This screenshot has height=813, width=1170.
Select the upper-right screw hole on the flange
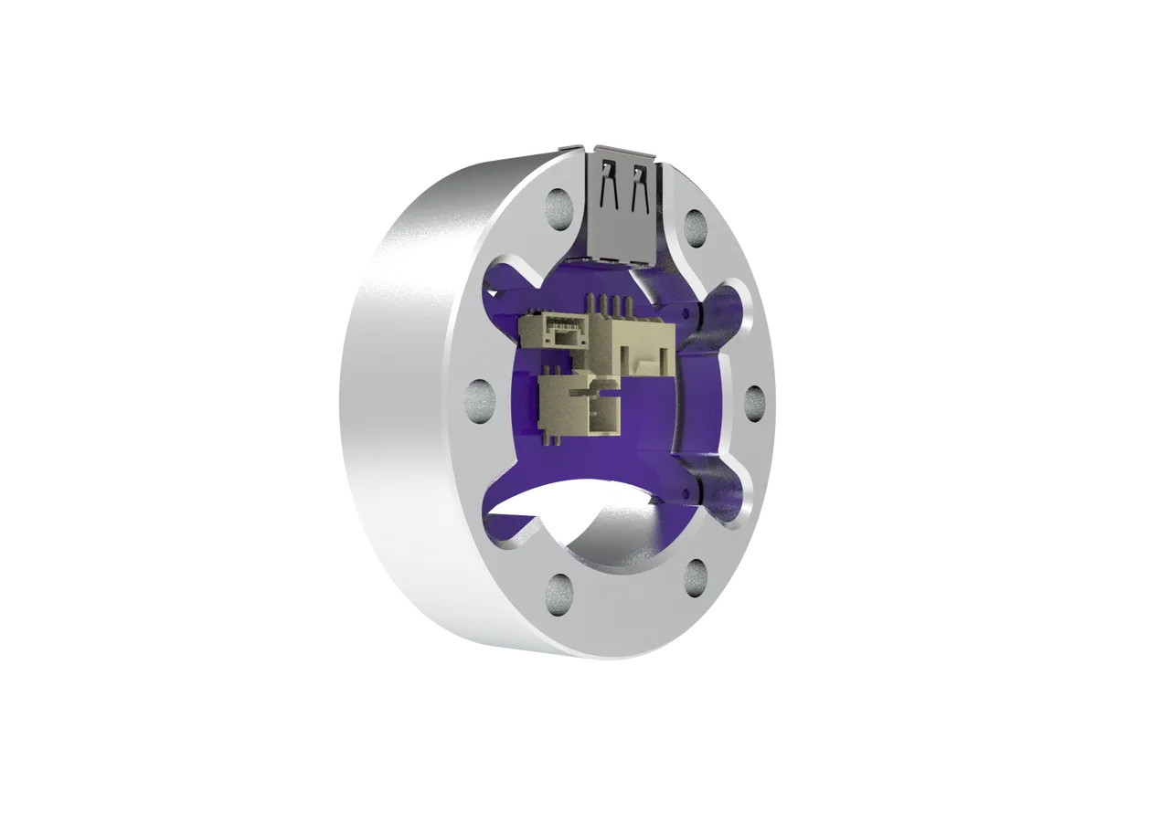(695, 225)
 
